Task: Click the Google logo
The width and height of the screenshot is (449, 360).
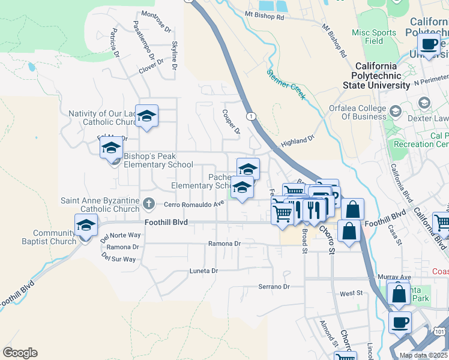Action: pos(20,353)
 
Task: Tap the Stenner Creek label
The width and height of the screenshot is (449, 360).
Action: pos(286,83)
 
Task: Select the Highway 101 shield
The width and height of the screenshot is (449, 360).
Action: pos(440,331)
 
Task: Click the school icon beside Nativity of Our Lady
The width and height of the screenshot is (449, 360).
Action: pos(146,116)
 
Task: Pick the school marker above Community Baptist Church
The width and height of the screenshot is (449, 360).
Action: pos(86,226)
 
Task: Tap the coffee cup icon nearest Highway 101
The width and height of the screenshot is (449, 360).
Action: pos(400,322)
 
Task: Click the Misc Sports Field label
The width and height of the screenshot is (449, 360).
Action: pos(374,37)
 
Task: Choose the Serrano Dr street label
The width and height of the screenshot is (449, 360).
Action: pos(274,287)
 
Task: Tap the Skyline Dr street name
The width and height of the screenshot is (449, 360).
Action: pos(175,55)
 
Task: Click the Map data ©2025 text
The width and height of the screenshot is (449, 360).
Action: pos(423,355)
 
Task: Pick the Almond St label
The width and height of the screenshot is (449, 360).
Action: pos(327,331)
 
